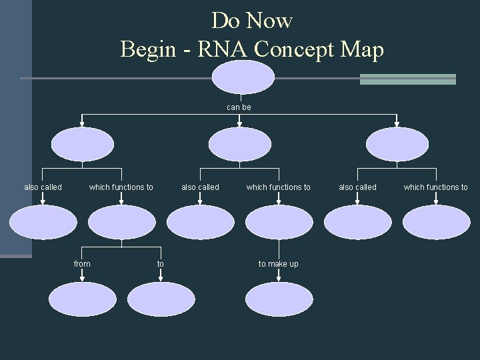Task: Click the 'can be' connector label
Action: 239,107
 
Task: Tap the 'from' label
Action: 82,264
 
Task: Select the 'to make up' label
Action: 279,264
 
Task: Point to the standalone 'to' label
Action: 160,264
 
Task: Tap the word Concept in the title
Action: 295,49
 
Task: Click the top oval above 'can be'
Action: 243,77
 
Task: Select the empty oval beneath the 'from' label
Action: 82,300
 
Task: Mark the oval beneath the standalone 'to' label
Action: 160,300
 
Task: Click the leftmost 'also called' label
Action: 43,187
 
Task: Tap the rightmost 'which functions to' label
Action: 436,187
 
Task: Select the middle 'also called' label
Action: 200,187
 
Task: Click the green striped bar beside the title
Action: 407,79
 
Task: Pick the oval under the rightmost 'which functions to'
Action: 436,222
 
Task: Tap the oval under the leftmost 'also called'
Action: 43,222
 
